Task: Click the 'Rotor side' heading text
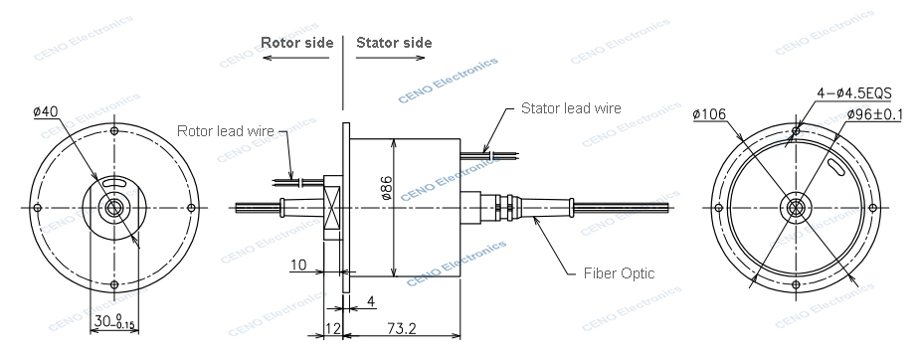[x=296, y=43]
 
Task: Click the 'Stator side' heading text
[x=394, y=43]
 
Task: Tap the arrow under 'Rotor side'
[x=295, y=58]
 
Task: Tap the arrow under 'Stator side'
[x=390, y=58]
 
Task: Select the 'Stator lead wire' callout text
[x=571, y=107]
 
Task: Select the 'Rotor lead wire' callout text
[x=226, y=130]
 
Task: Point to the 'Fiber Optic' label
[x=619, y=273]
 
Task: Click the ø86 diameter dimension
[x=387, y=188]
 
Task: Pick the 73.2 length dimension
[x=402, y=328]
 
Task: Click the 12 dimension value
[x=333, y=328]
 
